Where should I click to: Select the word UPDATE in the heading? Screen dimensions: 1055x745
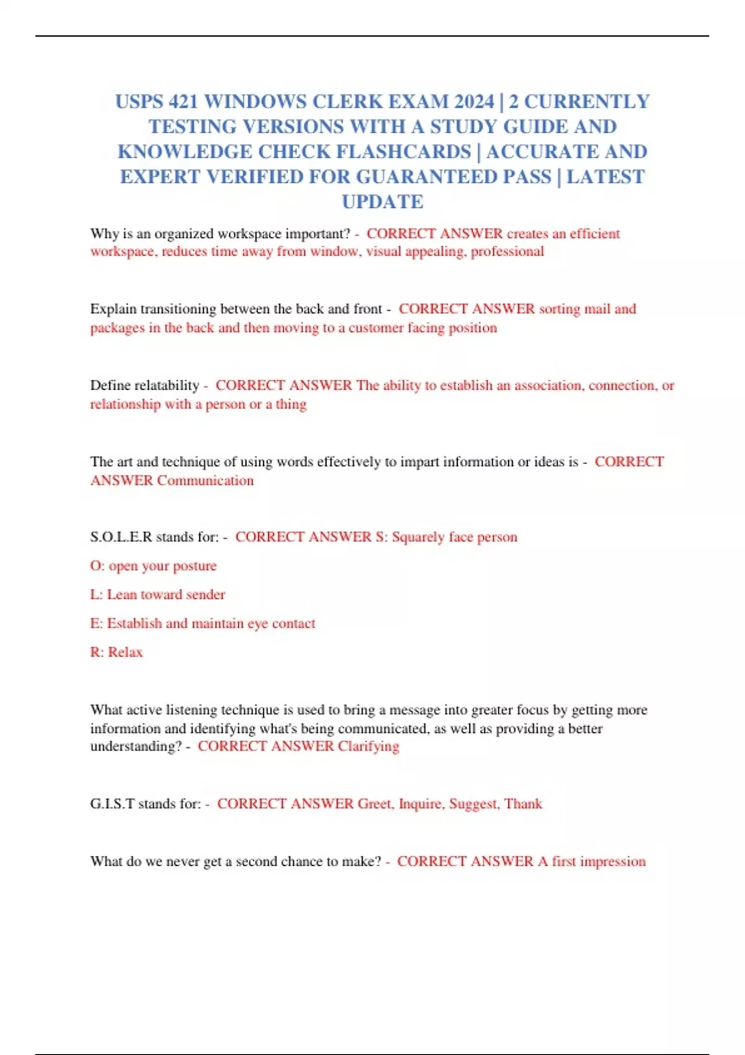(x=382, y=202)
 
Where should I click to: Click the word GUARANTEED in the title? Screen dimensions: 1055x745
(x=454, y=177)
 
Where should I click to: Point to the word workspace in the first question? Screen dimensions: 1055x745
(x=248, y=234)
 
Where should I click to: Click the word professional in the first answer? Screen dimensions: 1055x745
(x=507, y=251)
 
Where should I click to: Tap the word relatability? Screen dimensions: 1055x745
(x=166, y=385)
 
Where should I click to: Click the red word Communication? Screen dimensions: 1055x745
(x=205, y=480)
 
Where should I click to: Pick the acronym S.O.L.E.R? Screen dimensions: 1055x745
(x=121, y=537)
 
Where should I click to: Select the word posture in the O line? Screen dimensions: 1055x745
(x=194, y=566)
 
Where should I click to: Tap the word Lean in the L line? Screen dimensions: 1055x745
(x=121, y=595)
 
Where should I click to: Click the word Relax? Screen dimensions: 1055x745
(x=125, y=652)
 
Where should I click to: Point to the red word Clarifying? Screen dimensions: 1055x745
(x=368, y=747)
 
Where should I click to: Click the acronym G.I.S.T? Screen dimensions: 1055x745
(x=112, y=804)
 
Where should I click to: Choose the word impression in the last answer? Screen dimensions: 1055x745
(x=613, y=862)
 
